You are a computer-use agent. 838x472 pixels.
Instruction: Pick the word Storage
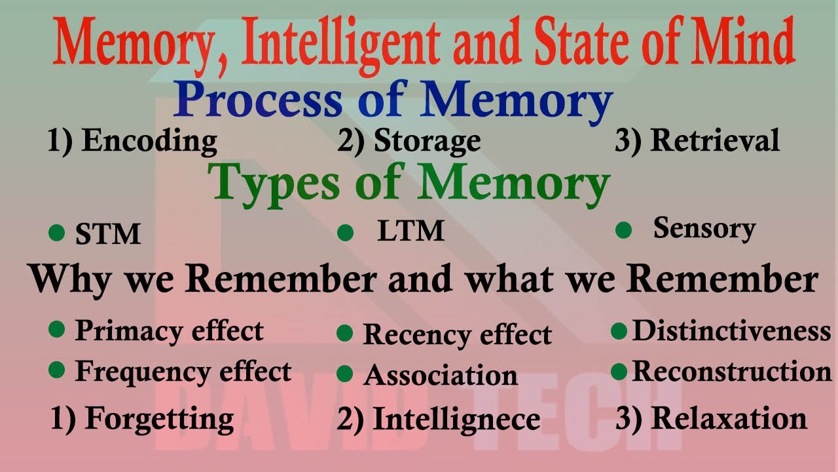click(427, 142)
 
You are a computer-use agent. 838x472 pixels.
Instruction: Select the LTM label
click(411, 231)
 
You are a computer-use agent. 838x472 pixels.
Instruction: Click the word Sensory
click(704, 229)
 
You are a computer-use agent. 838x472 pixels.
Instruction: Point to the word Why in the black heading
click(72, 280)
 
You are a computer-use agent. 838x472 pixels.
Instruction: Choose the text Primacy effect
click(169, 331)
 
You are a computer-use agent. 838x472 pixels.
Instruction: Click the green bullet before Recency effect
click(344, 334)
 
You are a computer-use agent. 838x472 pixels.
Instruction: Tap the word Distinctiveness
click(731, 331)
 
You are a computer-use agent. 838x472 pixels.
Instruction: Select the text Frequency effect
click(183, 372)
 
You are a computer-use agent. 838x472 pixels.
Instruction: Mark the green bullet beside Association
click(344, 374)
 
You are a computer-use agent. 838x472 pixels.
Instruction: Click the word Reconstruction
click(731, 372)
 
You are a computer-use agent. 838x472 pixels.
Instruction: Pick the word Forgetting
click(159, 419)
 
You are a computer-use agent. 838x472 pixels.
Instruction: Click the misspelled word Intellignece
click(456, 420)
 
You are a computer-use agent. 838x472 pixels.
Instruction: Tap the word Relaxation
click(729, 419)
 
